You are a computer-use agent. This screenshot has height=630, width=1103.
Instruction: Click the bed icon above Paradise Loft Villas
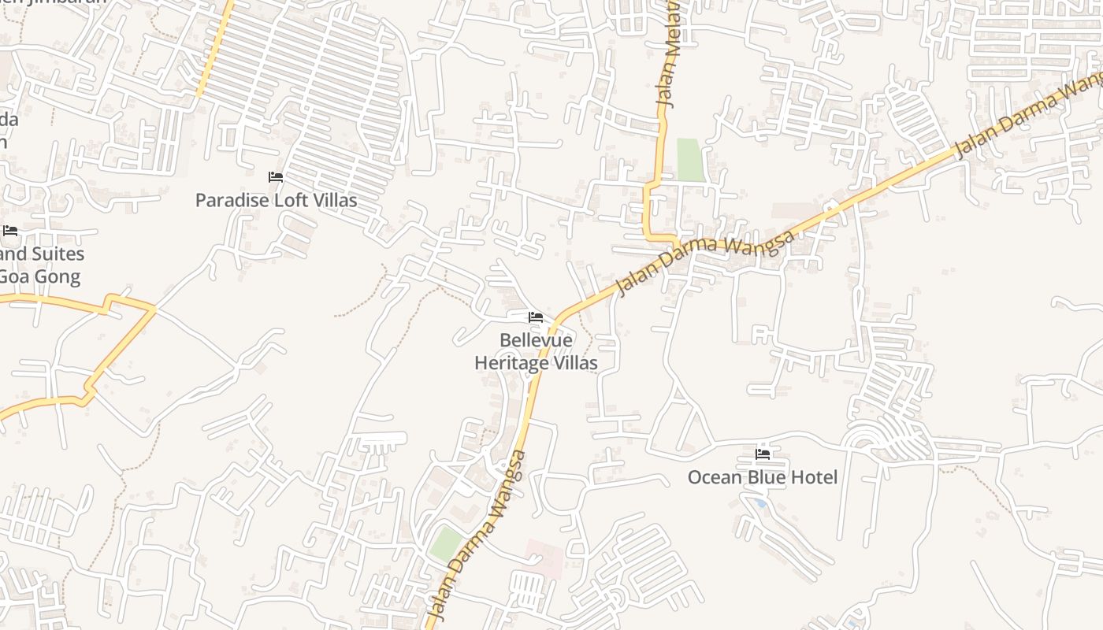(x=276, y=177)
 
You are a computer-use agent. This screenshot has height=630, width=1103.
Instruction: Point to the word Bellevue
(x=536, y=340)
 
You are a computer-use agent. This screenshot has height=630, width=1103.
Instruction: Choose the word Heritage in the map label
(x=511, y=363)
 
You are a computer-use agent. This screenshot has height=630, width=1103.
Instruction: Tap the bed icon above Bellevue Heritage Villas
(x=536, y=317)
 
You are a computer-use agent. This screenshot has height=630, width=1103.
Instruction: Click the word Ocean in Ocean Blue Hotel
(x=715, y=477)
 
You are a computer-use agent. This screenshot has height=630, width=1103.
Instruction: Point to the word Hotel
(x=815, y=477)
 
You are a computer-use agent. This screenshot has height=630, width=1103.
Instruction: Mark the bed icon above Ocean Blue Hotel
(x=763, y=454)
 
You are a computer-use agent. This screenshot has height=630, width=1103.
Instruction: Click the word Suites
(x=54, y=254)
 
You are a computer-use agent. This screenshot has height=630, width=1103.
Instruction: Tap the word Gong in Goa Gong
(x=57, y=276)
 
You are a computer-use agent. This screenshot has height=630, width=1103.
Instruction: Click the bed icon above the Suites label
(x=10, y=231)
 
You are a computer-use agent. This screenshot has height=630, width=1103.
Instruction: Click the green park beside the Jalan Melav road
(x=689, y=160)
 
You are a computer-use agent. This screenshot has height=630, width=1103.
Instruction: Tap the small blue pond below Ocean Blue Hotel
(x=759, y=502)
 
